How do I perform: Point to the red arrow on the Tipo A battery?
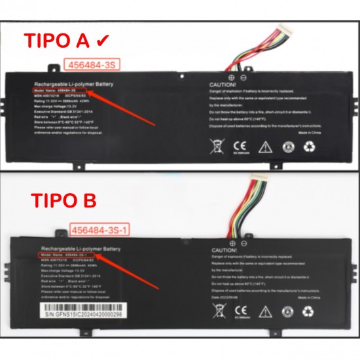[x=121, y=107]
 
